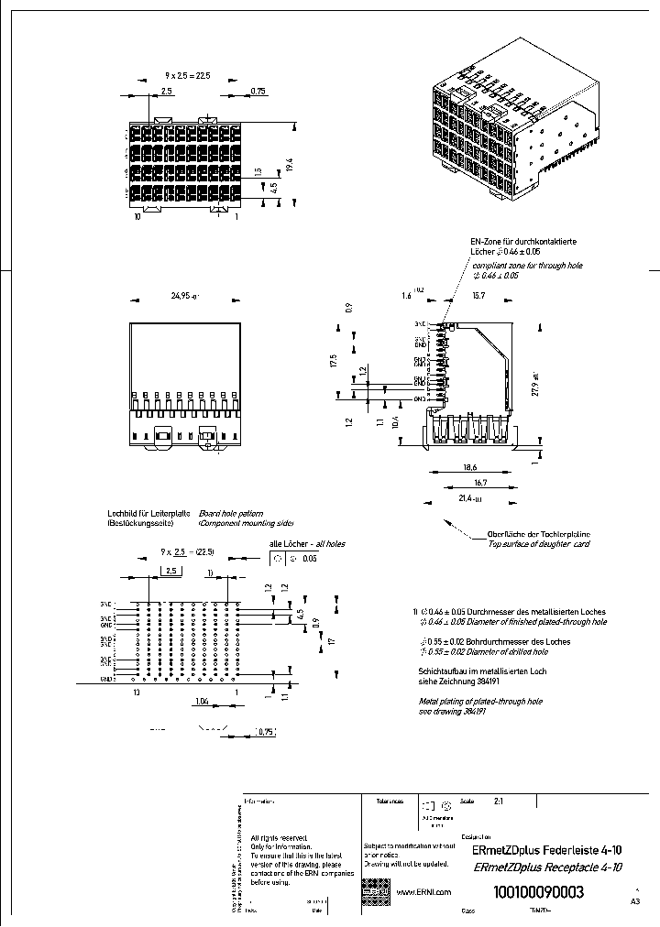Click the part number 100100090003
click(x=539, y=892)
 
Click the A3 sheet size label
click(x=635, y=901)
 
